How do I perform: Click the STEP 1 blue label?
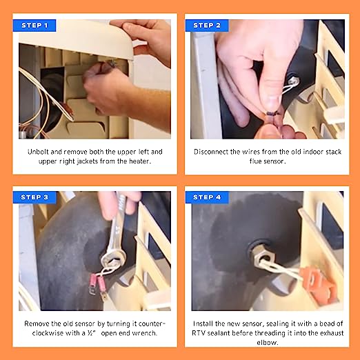(x=34, y=26)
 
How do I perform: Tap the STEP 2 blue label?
(x=207, y=26)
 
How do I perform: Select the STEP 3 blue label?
(x=34, y=197)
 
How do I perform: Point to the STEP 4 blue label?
(x=207, y=197)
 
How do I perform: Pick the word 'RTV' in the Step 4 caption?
(x=199, y=333)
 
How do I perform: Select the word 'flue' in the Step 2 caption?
(x=254, y=161)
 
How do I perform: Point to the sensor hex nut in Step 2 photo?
(x=293, y=81)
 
